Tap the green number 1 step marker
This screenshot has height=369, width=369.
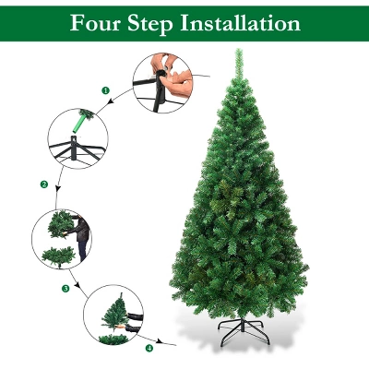click(105, 90)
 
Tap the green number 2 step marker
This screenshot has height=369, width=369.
click(43, 184)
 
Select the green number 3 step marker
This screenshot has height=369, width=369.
click(65, 289)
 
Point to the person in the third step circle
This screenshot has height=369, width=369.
click(81, 238)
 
